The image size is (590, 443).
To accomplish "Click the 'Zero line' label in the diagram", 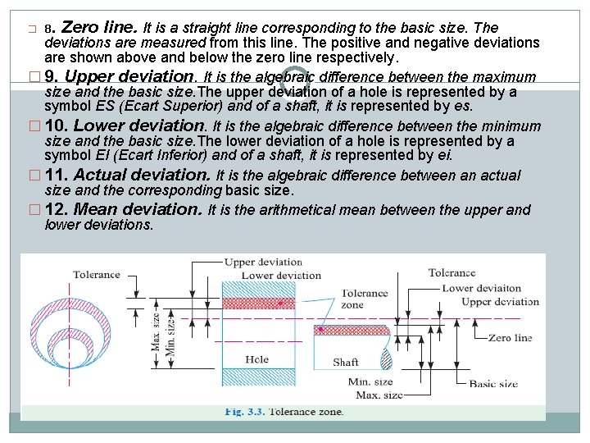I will (510, 338).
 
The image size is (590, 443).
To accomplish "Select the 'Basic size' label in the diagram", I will (493, 383).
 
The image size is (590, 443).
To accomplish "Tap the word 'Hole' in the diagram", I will (256, 360).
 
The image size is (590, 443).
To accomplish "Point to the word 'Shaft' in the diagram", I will (346, 362).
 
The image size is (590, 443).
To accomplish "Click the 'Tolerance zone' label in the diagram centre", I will (365, 299).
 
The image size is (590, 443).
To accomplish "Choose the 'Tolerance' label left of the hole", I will (97, 274).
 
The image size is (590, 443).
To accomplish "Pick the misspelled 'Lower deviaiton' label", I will (482, 288).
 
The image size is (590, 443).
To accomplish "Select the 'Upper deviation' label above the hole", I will (263, 263).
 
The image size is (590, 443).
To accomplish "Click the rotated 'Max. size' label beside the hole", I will (156, 331).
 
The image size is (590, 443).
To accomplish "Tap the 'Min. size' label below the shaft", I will (370, 381).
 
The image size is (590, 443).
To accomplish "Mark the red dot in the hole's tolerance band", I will (281, 304).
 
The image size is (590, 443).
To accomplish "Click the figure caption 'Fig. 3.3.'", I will (243, 411).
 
